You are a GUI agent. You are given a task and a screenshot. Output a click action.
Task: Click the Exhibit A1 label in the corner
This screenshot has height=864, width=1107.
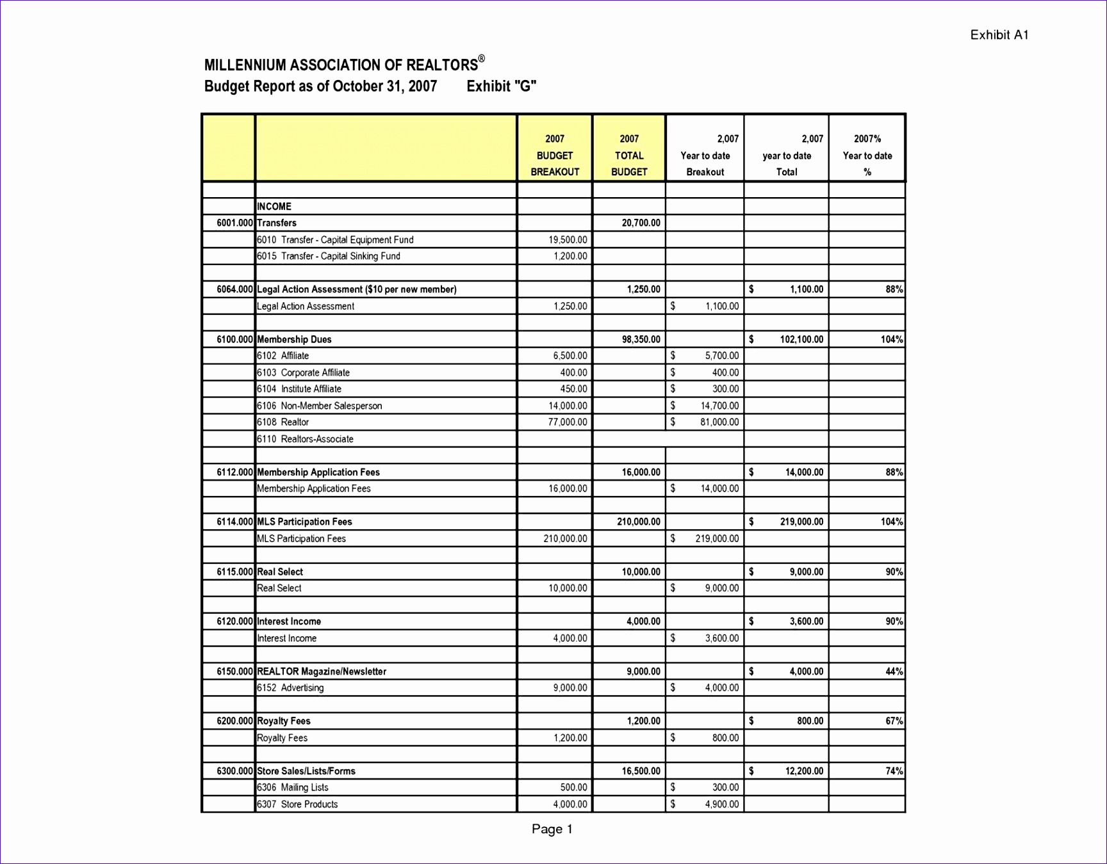(999, 35)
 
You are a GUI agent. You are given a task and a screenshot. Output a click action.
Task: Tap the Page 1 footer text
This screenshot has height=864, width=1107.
(552, 829)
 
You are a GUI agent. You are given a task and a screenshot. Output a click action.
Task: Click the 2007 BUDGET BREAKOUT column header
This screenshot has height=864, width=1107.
(555, 156)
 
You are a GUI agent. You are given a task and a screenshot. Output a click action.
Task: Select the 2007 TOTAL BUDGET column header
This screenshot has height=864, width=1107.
(629, 156)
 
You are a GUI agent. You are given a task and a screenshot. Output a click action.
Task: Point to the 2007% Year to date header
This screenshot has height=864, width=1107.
(867, 156)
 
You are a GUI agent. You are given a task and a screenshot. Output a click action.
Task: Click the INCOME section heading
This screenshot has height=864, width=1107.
(274, 207)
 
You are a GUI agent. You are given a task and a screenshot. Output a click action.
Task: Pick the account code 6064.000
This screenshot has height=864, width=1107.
(234, 289)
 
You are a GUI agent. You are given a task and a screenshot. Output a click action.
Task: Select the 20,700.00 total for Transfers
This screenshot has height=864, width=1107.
(641, 223)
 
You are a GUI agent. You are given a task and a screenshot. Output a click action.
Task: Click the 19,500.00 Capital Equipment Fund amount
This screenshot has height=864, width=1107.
(568, 240)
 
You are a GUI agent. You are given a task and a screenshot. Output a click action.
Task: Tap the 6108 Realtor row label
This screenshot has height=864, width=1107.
(283, 422)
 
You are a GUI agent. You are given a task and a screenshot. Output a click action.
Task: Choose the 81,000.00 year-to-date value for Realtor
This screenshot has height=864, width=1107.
(719, 422)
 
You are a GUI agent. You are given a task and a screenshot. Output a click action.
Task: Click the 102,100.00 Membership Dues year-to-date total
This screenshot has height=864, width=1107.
(801, 340)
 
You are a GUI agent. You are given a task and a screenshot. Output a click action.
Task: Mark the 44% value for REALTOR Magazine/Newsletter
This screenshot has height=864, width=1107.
(894, 672)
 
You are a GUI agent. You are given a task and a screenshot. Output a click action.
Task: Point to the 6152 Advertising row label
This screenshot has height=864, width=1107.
(290, 688)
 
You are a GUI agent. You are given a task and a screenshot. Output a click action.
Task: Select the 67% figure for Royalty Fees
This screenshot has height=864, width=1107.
(894, 721)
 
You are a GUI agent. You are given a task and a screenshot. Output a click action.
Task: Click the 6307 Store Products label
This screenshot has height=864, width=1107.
(297, 804)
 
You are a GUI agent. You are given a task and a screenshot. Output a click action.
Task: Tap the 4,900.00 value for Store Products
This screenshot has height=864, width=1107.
(722, 804)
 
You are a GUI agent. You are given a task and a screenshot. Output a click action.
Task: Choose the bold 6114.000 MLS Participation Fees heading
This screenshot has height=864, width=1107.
(304, 522)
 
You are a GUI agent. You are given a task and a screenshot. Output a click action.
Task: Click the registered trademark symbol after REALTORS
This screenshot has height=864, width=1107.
(482, 59)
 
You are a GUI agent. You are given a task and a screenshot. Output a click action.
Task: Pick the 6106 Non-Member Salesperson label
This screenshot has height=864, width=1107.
(319, 406)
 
